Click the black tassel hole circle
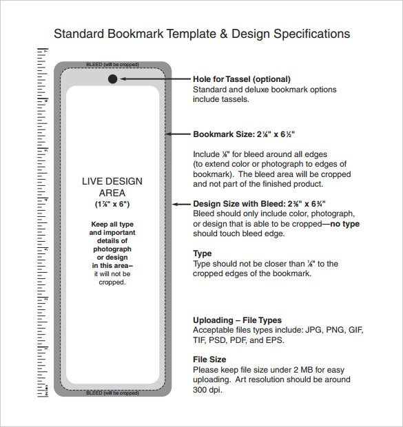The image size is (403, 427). tap(113, 79)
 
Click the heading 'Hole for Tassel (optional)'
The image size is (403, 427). tap(241, 79)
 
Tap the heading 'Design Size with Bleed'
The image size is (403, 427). tap(259, 204)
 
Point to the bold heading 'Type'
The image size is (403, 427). tap(202, 253)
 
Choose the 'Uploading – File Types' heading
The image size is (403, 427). tap(237, 320)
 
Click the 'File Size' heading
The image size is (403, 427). tap(209, 360)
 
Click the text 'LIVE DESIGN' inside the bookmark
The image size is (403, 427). tap(112, 182)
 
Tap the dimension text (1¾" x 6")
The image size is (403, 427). tap(112, 205)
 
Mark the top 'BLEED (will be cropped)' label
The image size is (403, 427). tap(112, 65)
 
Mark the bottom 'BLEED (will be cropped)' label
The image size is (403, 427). tap(112, 393)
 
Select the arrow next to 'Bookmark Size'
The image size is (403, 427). tap(180, 134)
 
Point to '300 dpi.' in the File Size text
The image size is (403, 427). tap(208, 390)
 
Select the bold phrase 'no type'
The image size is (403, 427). tap(344, 224)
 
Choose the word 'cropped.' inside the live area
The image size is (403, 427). tap(112, 282)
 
